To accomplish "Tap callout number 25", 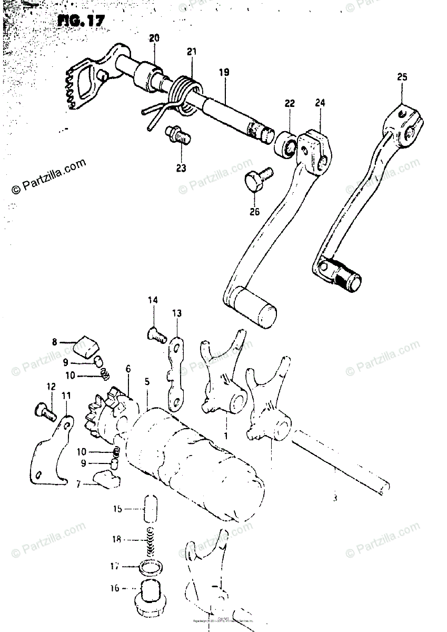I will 402,78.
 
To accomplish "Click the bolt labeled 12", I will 44,410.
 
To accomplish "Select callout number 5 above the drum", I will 147,381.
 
